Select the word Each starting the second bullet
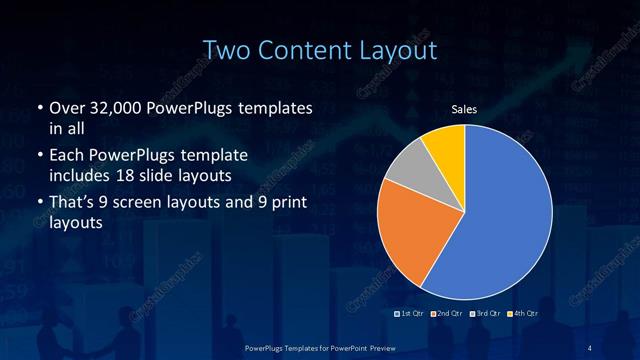[x=67, y=156]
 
